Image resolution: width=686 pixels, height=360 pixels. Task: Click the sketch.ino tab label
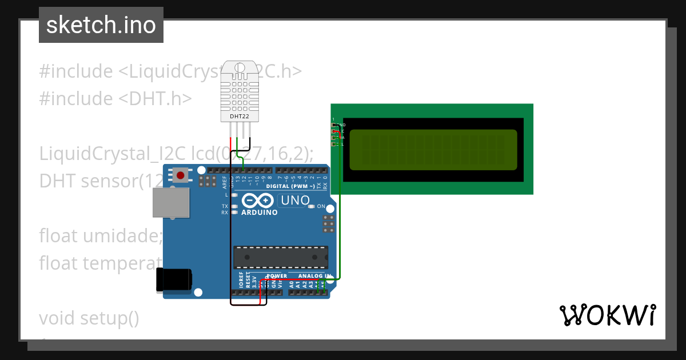click(101, 25)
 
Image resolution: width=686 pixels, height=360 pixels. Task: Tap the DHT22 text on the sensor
click(239, 117)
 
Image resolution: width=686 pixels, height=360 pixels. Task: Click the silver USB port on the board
click(171, 203)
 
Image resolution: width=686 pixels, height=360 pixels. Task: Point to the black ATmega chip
click(280, 257)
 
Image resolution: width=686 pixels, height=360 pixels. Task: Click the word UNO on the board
click(295, 201)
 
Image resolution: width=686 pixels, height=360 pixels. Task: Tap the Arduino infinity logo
click(257, 201)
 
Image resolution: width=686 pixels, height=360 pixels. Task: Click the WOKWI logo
click(607, 315)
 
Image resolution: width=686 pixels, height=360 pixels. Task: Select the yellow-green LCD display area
click(433, 150)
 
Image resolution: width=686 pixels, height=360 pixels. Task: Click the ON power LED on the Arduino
click(311, 206)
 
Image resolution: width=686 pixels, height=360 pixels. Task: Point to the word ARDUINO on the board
click(259, 213)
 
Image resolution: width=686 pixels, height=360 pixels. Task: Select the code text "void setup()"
click(89, 317)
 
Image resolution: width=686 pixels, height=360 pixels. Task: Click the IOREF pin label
click(241, 279)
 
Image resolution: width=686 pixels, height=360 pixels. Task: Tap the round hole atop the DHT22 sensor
click(239, 68)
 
